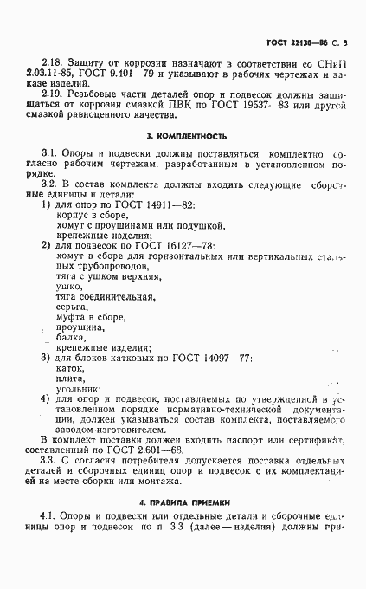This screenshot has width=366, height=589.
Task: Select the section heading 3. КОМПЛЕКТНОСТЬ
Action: [x=187, y=136]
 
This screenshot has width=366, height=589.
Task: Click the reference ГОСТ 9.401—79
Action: [x=115, y=78]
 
